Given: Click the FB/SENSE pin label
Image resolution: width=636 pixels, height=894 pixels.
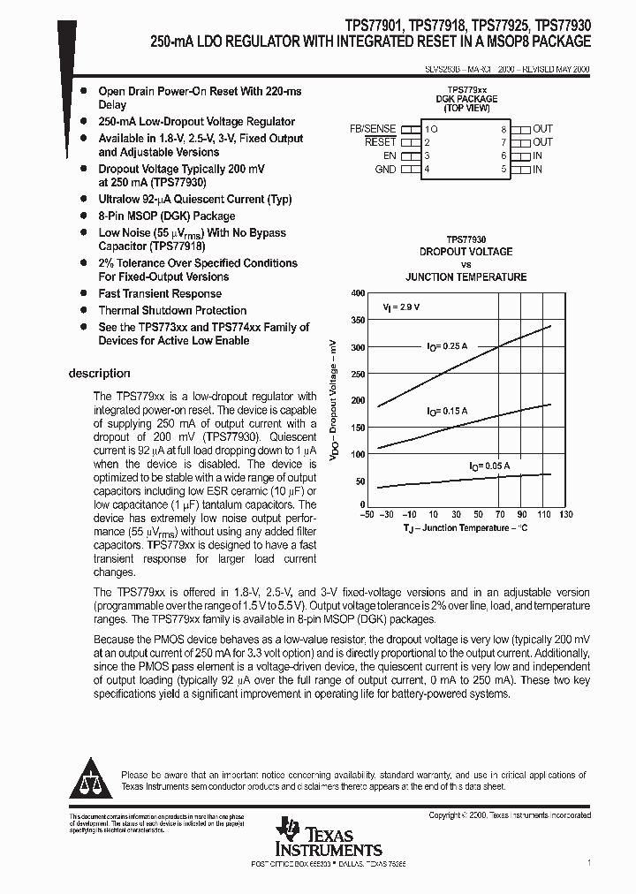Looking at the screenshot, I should click(374, 129).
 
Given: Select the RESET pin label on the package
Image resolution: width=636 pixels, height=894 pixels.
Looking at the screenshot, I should click(381, 142).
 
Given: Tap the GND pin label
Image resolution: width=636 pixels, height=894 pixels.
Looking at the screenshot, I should click(385, 169).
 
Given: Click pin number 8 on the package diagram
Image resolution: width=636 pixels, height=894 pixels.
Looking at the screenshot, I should click(503, 129).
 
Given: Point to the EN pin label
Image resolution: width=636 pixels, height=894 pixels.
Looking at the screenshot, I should click(390, 155).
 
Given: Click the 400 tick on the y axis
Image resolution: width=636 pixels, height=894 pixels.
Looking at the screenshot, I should click(357, 292).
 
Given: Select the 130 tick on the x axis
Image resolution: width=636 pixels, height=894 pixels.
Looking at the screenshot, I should click(565, 515).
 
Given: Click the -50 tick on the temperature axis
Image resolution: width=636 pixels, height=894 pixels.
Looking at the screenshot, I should click(367, 515).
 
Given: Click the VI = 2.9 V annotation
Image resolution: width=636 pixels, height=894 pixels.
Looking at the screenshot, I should click(401, 307).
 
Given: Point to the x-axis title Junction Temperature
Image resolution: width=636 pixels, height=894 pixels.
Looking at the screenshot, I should click(466, 528).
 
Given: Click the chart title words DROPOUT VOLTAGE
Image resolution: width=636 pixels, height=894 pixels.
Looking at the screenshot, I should click(466, 252).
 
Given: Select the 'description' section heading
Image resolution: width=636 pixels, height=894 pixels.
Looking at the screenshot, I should click(99, 374).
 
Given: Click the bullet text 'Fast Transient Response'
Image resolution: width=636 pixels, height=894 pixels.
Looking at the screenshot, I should click(160, 293).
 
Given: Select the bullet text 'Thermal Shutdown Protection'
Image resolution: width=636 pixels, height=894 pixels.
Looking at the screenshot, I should click(172, 310).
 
